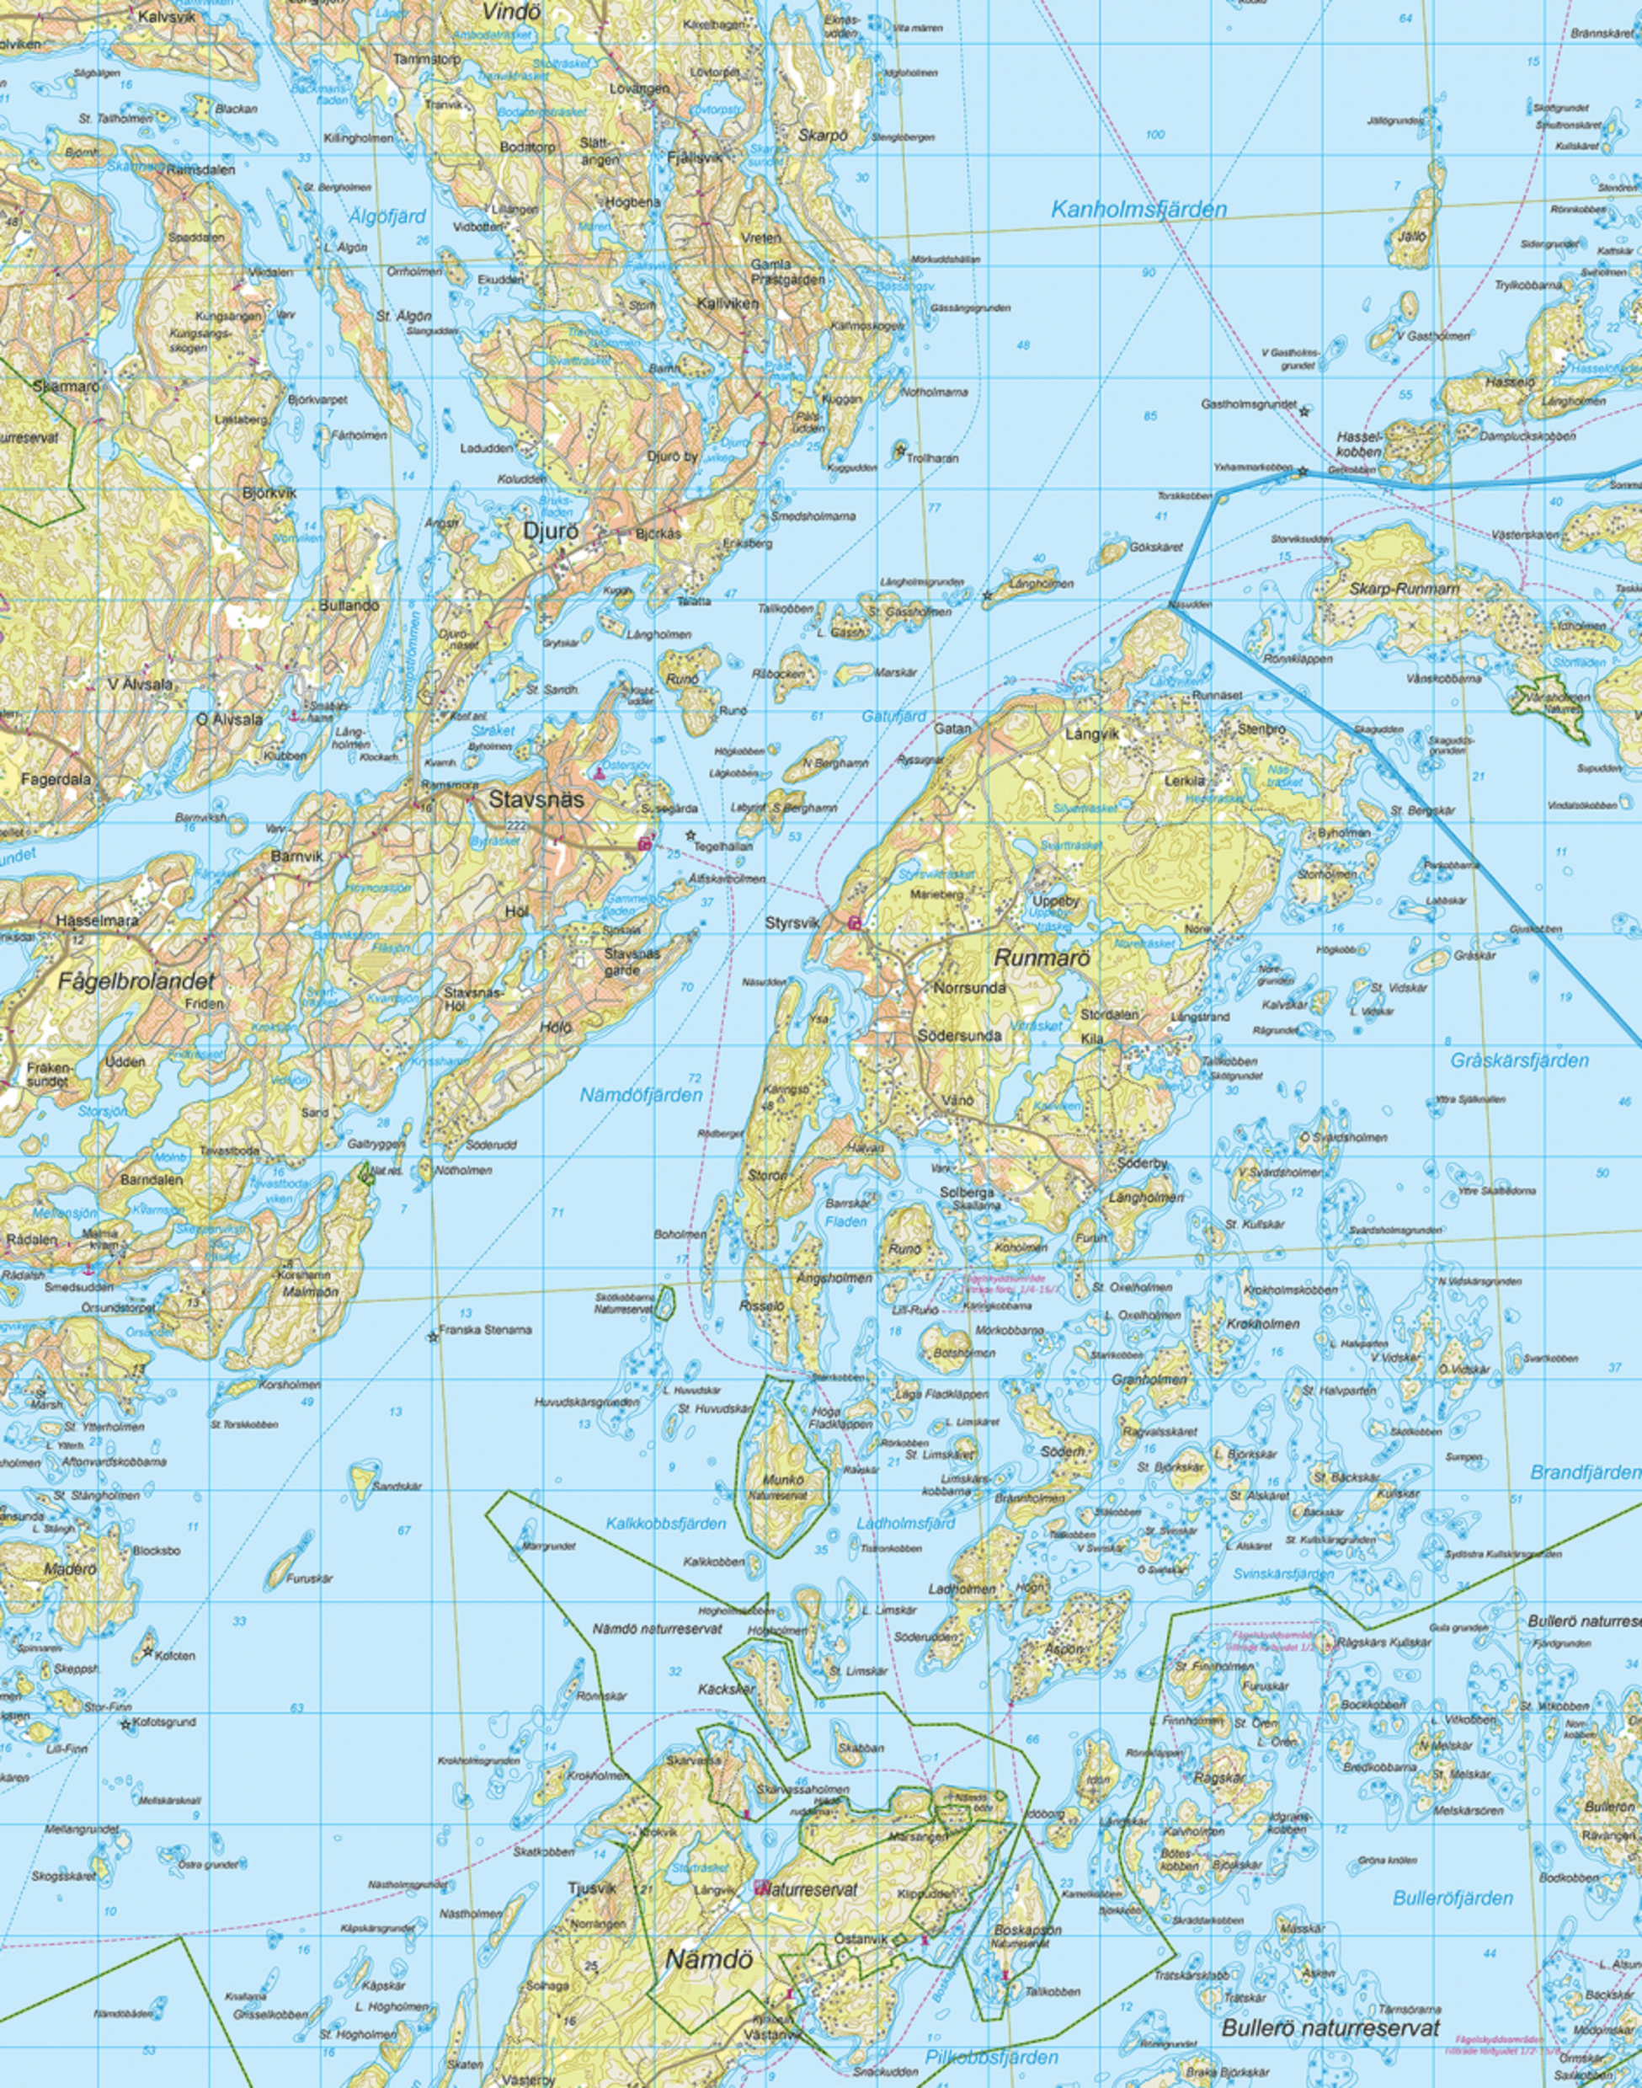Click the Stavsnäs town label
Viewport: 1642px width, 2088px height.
point(536,799)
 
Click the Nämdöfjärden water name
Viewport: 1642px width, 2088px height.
point(640,1094)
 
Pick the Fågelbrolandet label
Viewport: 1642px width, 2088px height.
point(136,981)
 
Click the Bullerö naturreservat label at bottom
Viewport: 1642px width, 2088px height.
point(1330,2028)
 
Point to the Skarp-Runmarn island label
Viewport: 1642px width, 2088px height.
point(1403,589)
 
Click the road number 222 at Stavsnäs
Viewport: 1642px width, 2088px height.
point(516,826)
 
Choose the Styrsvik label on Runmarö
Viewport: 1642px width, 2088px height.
point(792,922)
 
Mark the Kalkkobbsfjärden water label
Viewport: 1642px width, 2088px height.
point(665,1524)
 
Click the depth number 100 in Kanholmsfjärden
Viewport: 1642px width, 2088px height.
point(1154,135)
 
